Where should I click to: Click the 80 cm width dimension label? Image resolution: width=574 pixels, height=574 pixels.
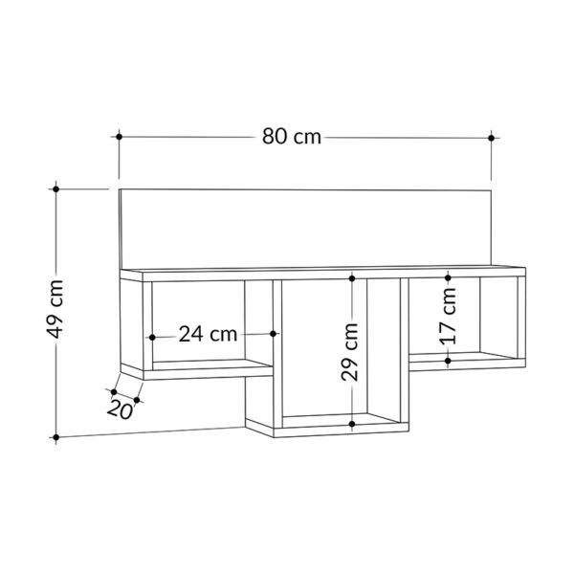[x=292, y=137]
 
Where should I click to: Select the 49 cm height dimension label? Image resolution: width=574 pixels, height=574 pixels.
[x=55, y=309]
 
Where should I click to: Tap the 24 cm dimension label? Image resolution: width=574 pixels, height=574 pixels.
[x=208, y=334]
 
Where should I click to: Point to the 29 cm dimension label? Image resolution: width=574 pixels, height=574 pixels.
[x=349, y=352]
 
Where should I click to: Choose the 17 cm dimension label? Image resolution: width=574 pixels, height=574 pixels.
[x=448, y=317]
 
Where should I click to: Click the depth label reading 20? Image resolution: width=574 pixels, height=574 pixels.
[x=121, y=409]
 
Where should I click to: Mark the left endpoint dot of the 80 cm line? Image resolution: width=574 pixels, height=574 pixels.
[x=119, y=137]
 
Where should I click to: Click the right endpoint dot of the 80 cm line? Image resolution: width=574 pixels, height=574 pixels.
[x=492, y=138]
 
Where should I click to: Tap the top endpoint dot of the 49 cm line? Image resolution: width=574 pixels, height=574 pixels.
[x=56, y=188]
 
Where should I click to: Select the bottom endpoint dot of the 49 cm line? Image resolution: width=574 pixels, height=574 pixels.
[x=56, y=437]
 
